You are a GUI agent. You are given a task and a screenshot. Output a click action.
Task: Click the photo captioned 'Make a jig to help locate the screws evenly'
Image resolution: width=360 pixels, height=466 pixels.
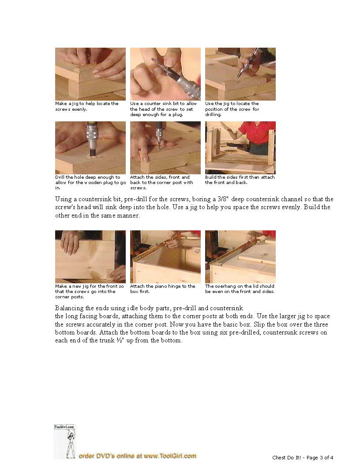pyautogui.click(x=90, y=74)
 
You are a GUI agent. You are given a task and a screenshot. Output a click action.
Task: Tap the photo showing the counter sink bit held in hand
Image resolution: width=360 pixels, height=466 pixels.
pyautogui.click(x=165, y=74)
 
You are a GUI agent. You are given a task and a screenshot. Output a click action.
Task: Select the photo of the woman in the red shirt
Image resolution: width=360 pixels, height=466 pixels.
pyautogui.click(x=240, y=148)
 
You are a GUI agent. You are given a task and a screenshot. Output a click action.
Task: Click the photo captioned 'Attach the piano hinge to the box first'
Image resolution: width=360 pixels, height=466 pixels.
pyautogui.click(x=165, y=257)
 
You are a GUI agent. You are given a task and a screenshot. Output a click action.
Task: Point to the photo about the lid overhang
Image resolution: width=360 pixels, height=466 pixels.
pyautogui.click(x=240, y=257)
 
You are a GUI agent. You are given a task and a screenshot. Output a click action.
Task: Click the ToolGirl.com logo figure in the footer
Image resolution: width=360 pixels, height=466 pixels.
pyautogui.click(x=65, y=441)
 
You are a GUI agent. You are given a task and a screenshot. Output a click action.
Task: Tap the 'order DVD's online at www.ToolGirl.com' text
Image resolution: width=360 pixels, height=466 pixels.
pyautogui.click(x=137, y=456)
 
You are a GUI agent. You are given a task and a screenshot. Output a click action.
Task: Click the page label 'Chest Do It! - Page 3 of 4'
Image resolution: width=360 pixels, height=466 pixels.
pyautogui.click(x=303, y=458)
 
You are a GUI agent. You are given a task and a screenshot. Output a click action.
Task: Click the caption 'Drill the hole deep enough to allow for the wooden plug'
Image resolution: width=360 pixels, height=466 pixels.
pyautogui.click(x=90, y=182)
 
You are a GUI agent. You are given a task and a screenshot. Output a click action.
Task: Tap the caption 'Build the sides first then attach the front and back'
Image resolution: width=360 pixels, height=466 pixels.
pyautogui.click(x=240, y=180)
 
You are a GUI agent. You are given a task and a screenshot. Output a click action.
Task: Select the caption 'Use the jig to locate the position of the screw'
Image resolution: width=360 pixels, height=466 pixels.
pyautogui.click(x=232, y=109)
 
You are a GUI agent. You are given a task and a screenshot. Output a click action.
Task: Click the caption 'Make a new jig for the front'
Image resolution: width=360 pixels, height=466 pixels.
pyautogui.click(x=90, y=291)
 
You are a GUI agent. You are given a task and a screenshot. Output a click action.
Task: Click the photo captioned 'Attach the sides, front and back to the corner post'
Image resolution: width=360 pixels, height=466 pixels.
pyautogui.click(x=165, y=148)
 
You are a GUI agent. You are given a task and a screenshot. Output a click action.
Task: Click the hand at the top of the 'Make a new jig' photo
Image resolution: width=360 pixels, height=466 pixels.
pyautogui.click(x=70, y=242)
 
